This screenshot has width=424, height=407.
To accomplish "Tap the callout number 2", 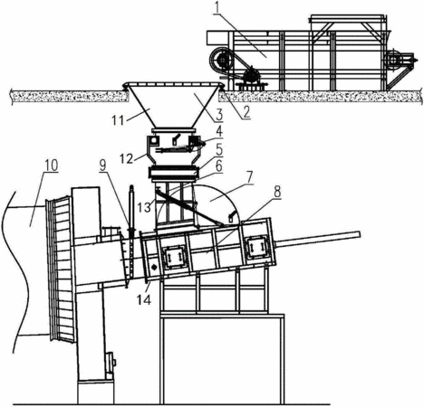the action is coord(246,112).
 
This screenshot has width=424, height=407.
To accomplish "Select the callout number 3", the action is coord(219,115).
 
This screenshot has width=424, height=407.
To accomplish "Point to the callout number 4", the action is coord(218,131).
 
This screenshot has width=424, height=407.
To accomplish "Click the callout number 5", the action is coord(218,148).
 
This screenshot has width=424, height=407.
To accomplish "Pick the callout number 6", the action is coord(218,166).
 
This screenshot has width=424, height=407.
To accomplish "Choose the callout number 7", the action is coord(249,178).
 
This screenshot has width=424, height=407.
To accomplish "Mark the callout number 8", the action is coord(277,192).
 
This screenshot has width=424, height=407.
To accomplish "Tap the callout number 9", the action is coord(103,166).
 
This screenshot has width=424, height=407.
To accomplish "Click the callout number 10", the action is coord(51,166).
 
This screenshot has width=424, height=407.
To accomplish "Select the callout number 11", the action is coord(118,120).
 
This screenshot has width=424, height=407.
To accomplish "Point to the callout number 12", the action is coord(126,159).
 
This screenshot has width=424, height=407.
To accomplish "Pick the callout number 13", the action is coord(144,207).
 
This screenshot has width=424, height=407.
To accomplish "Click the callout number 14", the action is coord(143,299).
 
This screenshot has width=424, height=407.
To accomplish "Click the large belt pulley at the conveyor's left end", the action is coord(221,61).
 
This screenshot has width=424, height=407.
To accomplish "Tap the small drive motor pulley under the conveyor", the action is coord(250,74).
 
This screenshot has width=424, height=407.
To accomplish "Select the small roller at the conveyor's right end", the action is coord(393,60).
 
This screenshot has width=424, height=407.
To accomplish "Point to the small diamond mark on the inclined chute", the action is coord(154,267).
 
